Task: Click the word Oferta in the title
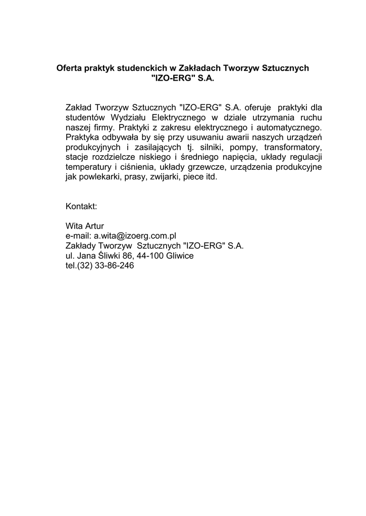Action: click(69, 68)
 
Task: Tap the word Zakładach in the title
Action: click(197, 68)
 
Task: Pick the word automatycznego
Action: click(289, 127)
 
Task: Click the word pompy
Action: click(242, 147)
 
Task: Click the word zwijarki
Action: click(166, 177)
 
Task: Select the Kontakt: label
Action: click(81, 207)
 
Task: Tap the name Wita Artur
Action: click(85, 226)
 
